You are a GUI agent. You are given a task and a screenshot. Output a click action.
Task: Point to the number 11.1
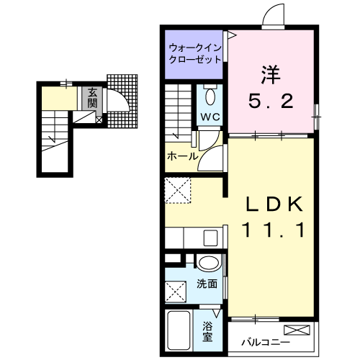pyautogui.click(x=270, y=230)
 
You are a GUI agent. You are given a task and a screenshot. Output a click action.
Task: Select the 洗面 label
pyautogui.click(x=207, y=284)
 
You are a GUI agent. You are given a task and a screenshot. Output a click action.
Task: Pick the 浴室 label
pyautogui.click(x=207, y=330)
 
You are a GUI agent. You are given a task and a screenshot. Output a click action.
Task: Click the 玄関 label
pyautogui.click(x=93, y=97)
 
